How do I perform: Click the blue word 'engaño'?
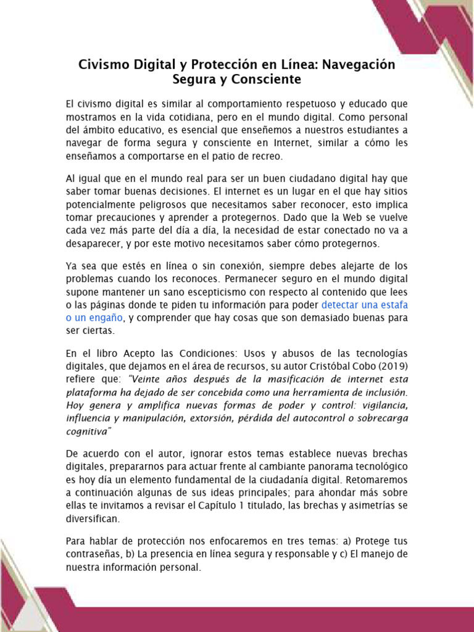tap(105, 317)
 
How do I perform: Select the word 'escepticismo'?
tap(204, 292)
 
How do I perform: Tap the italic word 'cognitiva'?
tap(88, 430)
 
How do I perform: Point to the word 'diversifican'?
tap(95, 518)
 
